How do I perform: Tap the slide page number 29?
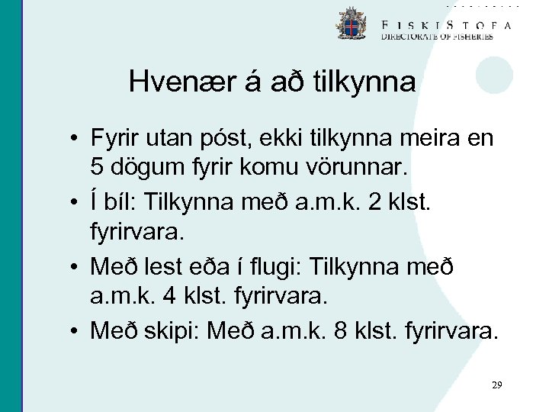[496, 385]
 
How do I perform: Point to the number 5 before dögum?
[96, 165]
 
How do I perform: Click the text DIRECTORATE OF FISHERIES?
[437, 36]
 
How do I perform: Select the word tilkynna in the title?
[364, 82]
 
